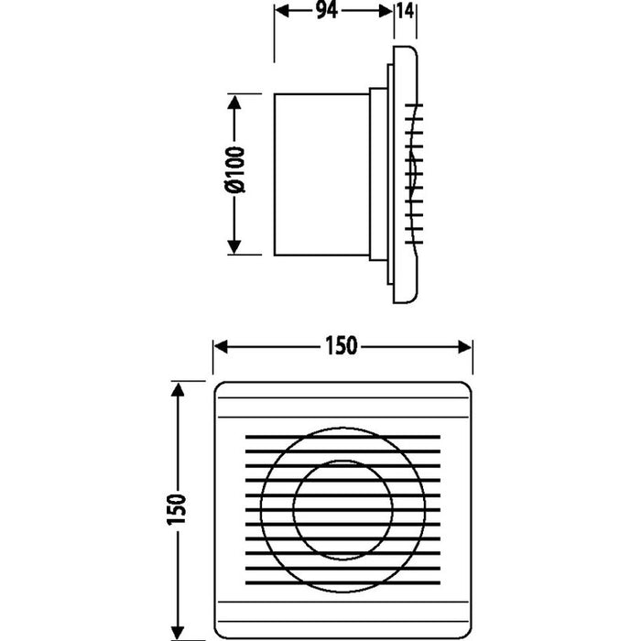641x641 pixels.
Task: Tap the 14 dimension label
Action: pyautogui.click(x=405, y=14)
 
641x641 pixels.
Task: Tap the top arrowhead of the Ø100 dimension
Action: pyautogui.click(x=234, y=102)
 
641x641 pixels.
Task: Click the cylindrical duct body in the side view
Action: pyautogui.click(x=320, y=174)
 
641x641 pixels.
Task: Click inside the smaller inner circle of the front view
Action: pyautogui.click(x=343, y=502)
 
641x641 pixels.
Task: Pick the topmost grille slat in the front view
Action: pyautogui.click(x=343, y=437)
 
